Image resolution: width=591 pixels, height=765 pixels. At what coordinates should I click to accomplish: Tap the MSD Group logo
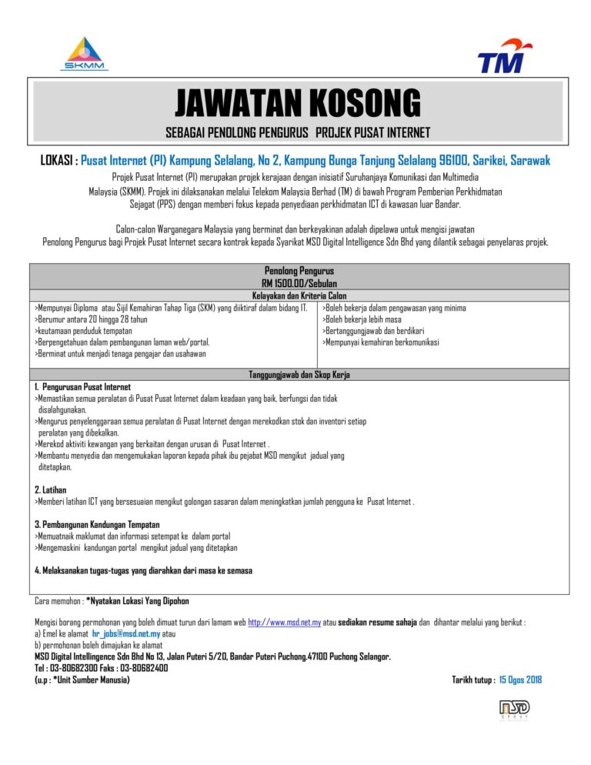point(514,708)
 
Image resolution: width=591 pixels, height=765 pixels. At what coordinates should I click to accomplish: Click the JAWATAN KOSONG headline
point(298,104)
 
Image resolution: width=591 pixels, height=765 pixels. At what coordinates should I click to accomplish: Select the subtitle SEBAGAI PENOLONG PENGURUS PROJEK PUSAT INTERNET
point(298,132)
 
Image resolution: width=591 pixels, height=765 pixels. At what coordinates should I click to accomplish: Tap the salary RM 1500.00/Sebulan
point(299,282)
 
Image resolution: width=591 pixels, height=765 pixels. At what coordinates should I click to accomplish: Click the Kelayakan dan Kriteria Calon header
point(299,295)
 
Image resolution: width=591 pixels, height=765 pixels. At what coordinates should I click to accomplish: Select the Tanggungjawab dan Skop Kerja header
point(299,374)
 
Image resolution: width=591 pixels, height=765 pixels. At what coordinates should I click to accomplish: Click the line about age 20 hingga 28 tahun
point(92,319)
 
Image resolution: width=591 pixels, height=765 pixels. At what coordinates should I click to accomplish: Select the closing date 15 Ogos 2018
point(520,680)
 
